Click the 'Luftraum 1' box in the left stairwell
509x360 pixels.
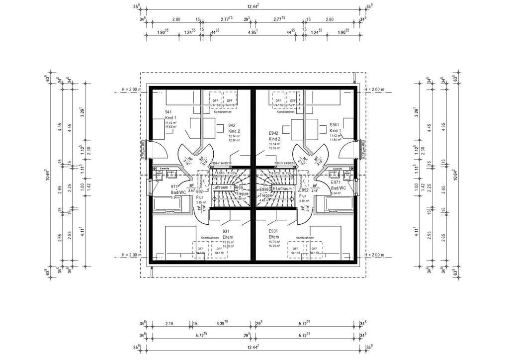(222, 187)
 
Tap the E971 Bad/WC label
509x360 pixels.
(339, 186)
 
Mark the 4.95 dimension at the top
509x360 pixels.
(253, 31)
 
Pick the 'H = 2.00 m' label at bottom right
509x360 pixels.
(375, 256)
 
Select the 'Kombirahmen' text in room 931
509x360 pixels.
(210, 238)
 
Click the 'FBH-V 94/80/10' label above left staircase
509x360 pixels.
(222, 163)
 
